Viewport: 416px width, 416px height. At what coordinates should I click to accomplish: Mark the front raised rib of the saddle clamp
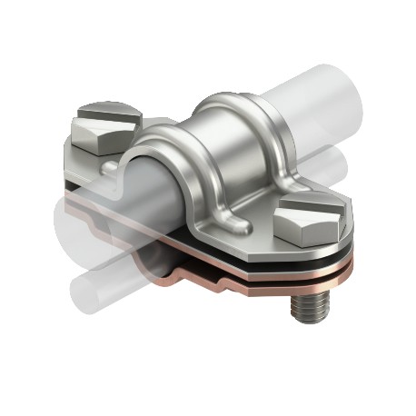click(173, 154)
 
